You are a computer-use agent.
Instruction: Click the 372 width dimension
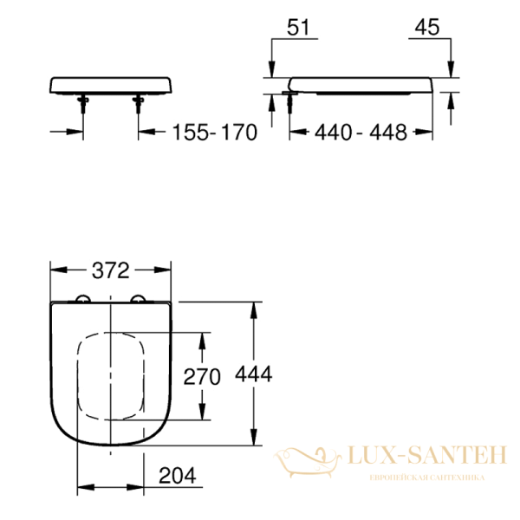(110, 271)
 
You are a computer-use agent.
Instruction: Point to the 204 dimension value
(177, 475)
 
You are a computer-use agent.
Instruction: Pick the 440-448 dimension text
(359, 133)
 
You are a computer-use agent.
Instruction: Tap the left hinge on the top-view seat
(83, 300)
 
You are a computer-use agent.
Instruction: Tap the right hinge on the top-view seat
(137, 300)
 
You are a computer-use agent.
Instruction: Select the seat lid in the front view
(113, 85)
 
